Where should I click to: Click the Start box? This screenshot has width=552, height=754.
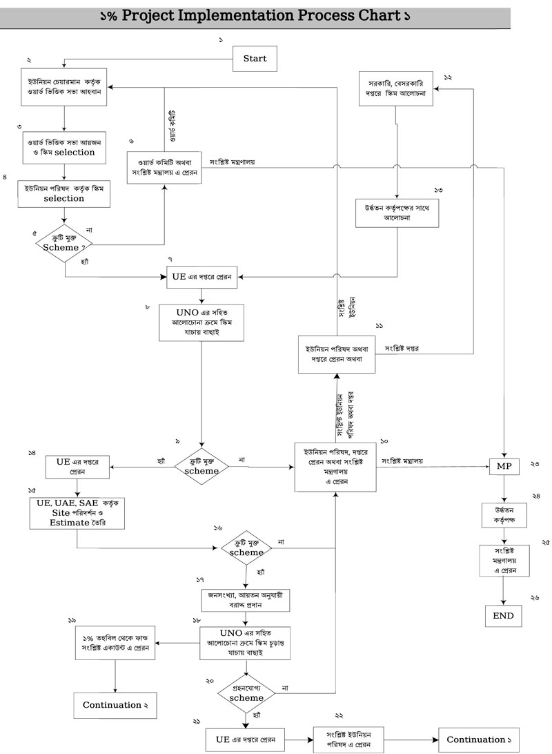[255, 59]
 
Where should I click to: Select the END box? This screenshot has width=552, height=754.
[503, 615]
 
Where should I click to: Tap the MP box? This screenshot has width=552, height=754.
[504, 467]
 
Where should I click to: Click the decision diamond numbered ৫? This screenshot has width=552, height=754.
[64, 242]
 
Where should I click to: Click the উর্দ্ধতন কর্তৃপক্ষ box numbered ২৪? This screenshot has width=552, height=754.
[503, 516]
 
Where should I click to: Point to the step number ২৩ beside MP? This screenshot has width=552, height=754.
[535, 465]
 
